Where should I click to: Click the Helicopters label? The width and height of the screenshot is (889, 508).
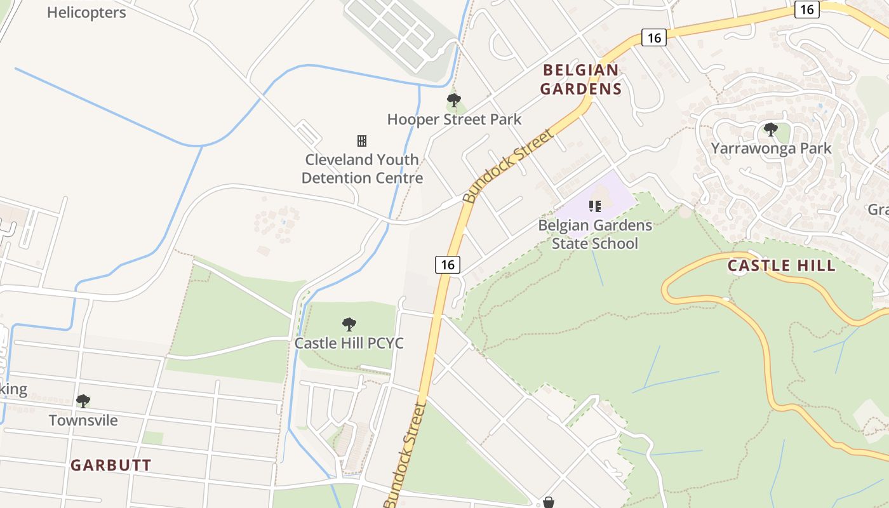pos(86,12)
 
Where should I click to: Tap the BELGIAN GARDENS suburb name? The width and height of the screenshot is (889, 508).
pos(580,79)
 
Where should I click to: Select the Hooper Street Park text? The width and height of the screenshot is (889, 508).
pos(454,119)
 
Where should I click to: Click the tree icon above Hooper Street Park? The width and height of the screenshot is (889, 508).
pos(453,100)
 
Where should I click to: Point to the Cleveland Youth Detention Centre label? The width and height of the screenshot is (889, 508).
pos(362,169)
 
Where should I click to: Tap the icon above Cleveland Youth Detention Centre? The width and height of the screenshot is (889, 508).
pos(362,140)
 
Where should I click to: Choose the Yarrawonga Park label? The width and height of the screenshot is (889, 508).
pos(771,149)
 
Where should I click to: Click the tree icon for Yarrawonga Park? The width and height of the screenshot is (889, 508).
pos(770,130)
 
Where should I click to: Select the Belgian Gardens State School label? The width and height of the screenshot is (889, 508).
pos(595,234)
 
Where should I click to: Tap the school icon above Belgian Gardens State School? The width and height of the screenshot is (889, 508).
pos(595,206)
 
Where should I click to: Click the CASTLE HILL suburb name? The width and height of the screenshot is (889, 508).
pos(781,265)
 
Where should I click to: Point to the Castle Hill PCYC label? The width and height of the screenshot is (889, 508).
pos(349,344)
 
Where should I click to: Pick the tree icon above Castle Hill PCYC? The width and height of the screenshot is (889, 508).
pos(349,324)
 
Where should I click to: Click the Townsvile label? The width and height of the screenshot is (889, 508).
pos(83,420)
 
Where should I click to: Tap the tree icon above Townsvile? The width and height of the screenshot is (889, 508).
pos(83,401)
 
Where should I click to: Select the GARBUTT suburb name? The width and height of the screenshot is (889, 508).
pos(111,465)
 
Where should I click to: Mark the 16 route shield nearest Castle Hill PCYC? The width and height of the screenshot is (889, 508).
pos(448,265)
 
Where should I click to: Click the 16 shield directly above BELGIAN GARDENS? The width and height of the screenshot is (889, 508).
pos(653,37)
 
